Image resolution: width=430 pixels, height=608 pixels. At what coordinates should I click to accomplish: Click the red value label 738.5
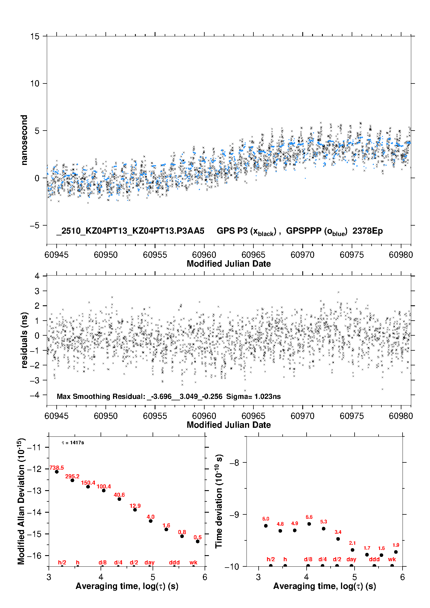pyautogui.click(x=57, y=468)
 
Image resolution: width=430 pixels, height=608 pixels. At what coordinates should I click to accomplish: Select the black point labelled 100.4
pyautogui.click(x=104, y=490)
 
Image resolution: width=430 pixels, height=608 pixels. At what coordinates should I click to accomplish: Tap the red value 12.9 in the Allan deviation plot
pyautogui.click(x=135, y=506)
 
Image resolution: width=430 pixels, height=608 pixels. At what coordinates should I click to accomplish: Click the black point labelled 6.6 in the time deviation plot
pyautogui.click(x=309, y=524)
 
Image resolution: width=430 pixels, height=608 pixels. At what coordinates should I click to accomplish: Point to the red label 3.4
pyautogui.click(x=338, y=532)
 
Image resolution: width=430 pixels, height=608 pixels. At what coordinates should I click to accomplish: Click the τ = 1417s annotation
pyautogui.click(x=73, y=442)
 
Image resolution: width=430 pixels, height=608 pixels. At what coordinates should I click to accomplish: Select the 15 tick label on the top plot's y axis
pyautogui.click(x=35, y=36)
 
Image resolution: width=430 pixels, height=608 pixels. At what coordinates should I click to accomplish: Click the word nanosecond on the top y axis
pyautogui.click(x=24, y=140)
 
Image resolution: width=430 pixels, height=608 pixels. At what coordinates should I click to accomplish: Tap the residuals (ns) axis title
pyautogui.click(x=24, y=340)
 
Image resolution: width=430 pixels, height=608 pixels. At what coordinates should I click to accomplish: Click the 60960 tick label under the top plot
pyautogui.click(x=204, y=255)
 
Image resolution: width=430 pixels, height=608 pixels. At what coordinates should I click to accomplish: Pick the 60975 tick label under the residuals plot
pyautogui.click(x=352, y=416)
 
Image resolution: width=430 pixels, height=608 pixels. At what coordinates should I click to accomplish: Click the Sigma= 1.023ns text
pyautogui.click(x=253, y=396)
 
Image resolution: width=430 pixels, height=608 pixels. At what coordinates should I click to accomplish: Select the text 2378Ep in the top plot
pyautogui.click(x=368, y=231)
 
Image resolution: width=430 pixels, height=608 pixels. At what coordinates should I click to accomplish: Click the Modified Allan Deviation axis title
pyautogui.click(x=21, y=501)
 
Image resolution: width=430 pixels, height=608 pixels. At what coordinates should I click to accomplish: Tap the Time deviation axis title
pyautogui.click(x=219, y=501)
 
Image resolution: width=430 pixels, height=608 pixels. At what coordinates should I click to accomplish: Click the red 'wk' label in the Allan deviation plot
pyautogui.click(x=193, y=562)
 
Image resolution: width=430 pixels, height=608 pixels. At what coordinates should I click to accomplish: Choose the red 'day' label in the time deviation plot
pyautogui.click(x=351, y=559)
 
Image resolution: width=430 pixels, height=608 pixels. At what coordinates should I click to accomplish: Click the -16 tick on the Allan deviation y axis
pyautogui.click(x=34, y=555)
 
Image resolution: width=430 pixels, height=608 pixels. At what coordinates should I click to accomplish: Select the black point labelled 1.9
pyautogui.click(x=396, y=552)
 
